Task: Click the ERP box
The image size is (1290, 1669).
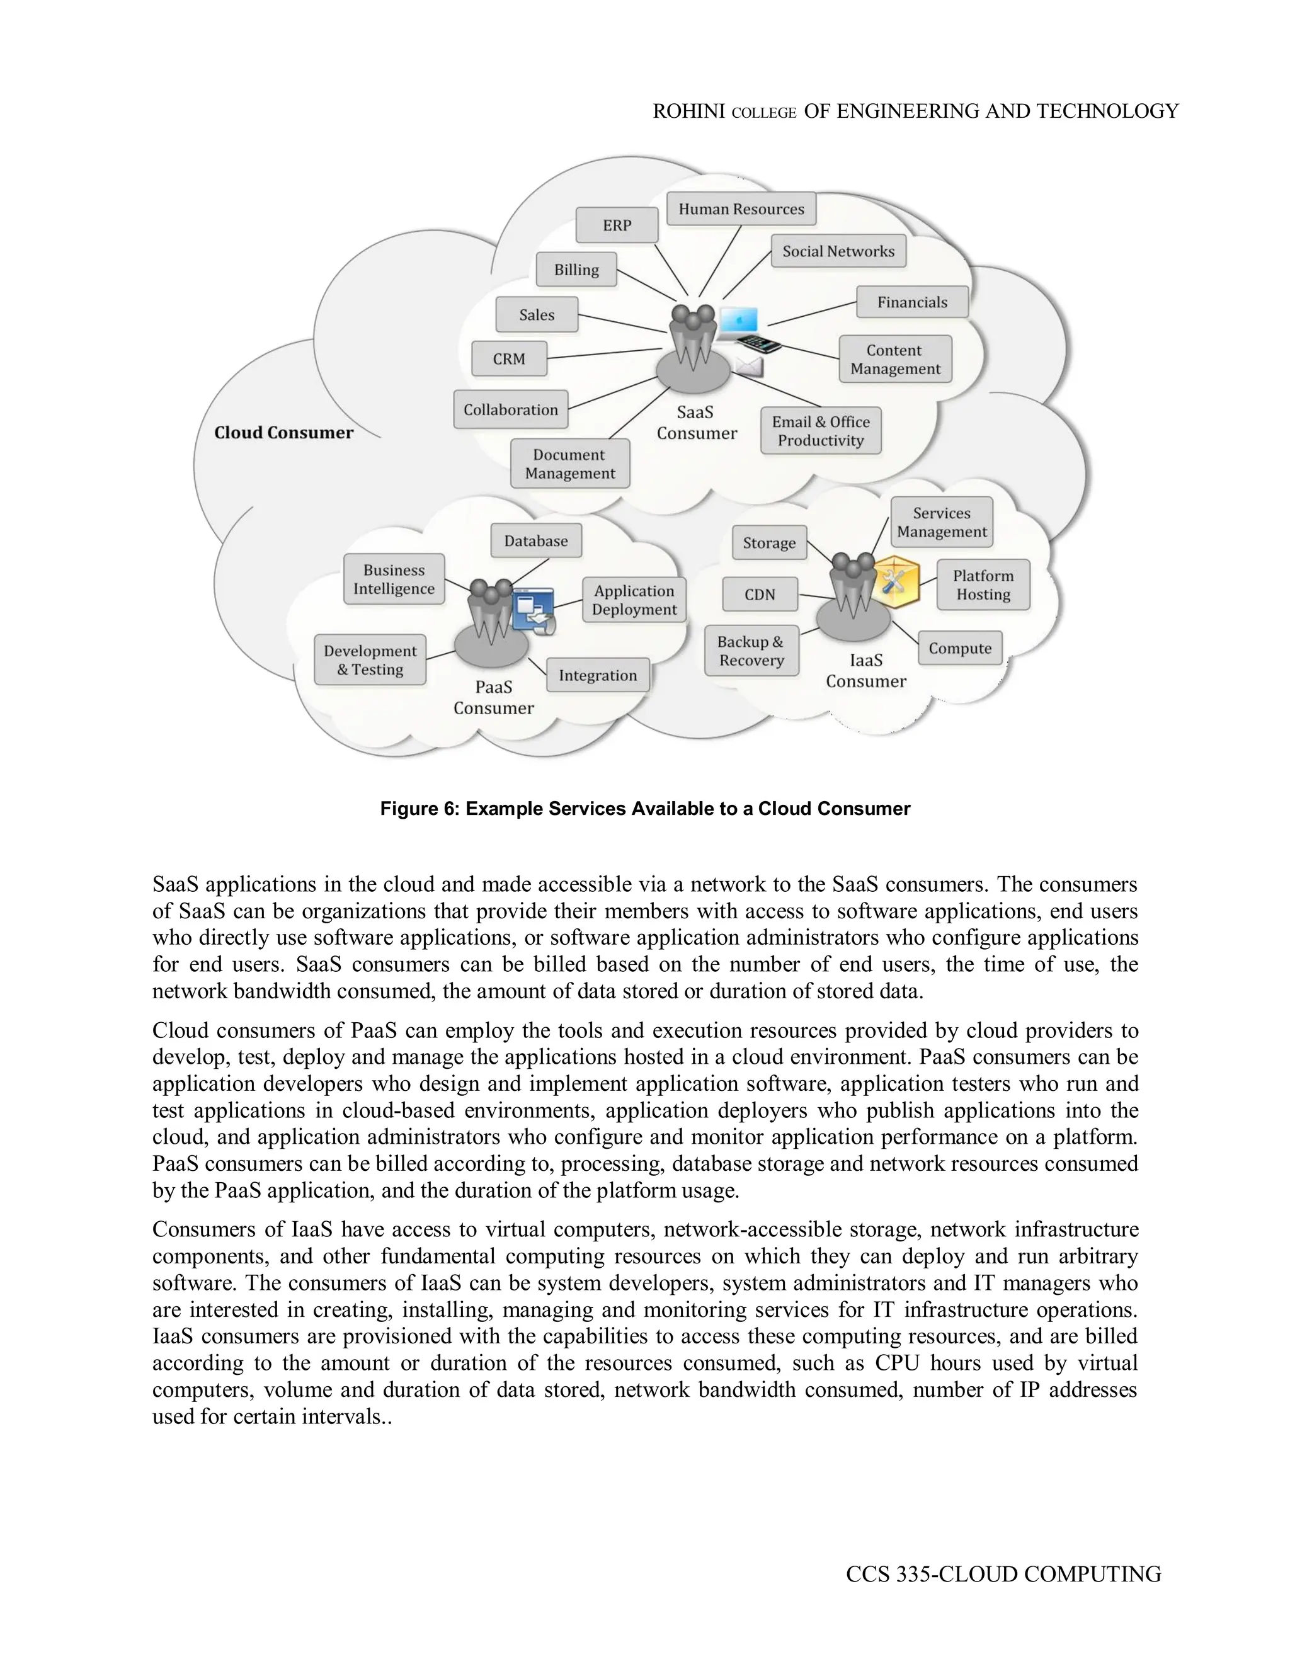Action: point(617,225)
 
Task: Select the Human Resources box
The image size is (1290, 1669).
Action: point(741,208)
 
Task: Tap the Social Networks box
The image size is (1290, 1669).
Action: point(838,251)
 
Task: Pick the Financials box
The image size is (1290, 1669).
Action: point(911,302)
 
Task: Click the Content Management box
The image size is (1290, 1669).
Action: point(895,359)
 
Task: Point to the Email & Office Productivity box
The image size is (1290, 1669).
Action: point(820,431)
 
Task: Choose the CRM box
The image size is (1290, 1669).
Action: point(509,358)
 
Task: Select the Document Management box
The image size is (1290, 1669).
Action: point(569,464)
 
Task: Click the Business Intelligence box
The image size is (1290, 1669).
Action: point(394,579)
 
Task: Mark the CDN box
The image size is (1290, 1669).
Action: point(760,595)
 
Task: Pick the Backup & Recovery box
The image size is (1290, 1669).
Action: point(751,651)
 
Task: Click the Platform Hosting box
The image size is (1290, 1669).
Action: point(983,584)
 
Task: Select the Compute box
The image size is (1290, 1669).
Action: point(960,648)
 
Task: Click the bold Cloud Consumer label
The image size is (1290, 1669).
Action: point(283,433)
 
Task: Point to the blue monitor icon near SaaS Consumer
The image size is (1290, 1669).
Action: point(739,320)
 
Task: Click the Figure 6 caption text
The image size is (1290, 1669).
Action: point(645,809)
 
